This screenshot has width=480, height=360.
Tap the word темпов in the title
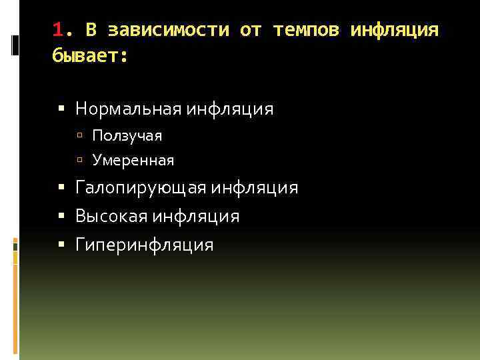[x=306, y=30]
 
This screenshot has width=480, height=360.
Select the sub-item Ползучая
[x=127, y=135]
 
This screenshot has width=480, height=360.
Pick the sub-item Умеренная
[x=133, y=160]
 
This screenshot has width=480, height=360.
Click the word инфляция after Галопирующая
[x=255, y=189]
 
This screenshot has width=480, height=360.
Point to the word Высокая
[x=111, y=217]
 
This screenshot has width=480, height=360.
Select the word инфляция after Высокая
[x=195, y=217]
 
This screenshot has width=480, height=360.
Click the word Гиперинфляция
[x=145, y=245]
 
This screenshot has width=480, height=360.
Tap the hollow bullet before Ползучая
[x=79, y=136]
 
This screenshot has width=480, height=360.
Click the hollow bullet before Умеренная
[x=79, y=161]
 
